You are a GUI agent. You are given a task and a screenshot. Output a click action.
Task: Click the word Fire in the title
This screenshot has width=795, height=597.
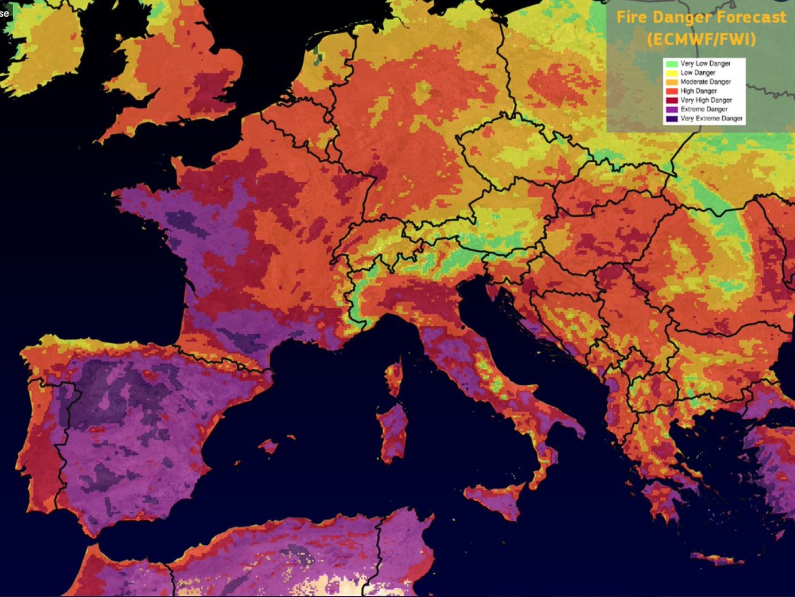click(631, 17)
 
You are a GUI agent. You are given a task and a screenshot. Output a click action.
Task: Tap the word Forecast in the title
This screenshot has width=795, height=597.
click(751, 17)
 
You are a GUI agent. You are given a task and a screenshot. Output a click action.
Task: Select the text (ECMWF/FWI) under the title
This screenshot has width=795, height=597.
click(701, 40)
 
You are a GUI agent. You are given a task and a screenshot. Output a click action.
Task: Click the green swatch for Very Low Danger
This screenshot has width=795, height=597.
click(672, 64)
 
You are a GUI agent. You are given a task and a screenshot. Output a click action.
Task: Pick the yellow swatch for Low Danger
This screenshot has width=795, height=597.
click(672, 73)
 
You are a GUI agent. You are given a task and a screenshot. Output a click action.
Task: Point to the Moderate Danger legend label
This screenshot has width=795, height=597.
click(706, 82)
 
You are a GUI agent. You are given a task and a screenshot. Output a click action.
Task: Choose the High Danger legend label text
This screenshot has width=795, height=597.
click(699, 91)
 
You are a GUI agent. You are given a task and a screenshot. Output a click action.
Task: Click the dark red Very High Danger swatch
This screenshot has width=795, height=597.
click(672, 100)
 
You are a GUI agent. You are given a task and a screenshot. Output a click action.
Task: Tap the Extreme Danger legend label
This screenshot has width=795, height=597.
click(704, 109)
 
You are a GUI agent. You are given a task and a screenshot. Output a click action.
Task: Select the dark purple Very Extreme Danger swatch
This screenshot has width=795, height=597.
click(672, 119)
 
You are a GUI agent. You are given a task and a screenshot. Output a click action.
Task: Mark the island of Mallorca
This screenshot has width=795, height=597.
click(268, 445)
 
